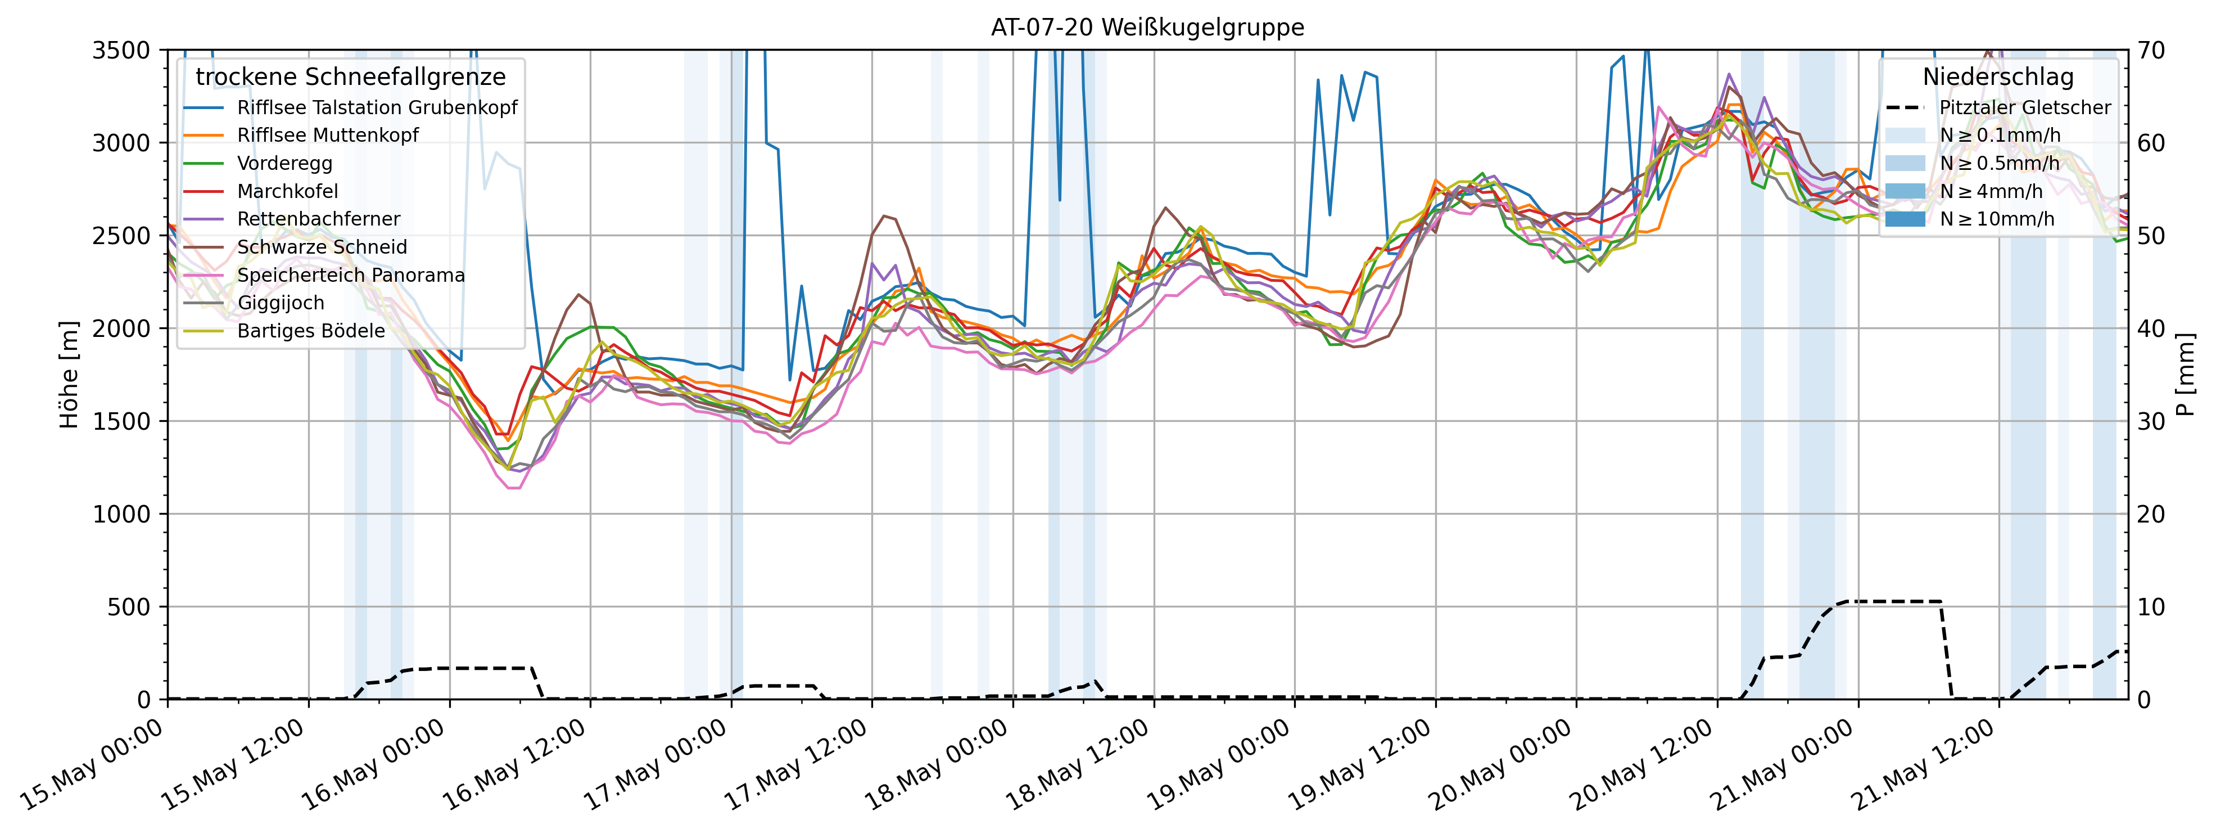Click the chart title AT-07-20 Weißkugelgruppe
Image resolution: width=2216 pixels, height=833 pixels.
(x=1147, y=28)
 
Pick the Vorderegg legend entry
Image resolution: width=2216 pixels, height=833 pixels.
(x=284, y=164)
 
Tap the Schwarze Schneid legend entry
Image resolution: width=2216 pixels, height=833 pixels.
(x=322, y=247)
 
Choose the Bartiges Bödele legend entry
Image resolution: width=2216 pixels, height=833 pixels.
(x=310, y=331)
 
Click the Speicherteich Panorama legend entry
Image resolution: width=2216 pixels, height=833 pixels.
(x=350, y=276)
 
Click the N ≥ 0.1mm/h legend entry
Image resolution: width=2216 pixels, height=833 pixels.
(x=1999, y=135)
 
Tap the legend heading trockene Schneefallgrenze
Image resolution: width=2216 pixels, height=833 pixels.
(x=350, y=76)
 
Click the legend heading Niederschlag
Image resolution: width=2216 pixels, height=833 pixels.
(x=1997, y=76)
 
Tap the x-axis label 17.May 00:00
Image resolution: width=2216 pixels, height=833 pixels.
(x=660, y=766)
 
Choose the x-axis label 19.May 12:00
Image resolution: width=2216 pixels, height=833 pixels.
(x=1363, y=766)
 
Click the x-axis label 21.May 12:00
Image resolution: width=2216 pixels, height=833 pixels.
(x=1927, y=766)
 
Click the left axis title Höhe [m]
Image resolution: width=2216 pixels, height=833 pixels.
(x=69, y=375)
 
